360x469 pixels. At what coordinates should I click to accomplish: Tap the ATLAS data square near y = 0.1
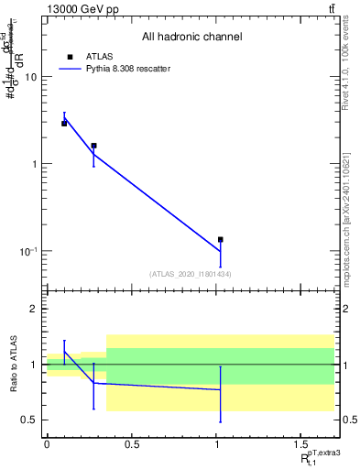pos(221,240)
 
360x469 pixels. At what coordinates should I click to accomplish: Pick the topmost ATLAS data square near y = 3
pos(64,123)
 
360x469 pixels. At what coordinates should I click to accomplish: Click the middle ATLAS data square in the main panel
pos(93,146)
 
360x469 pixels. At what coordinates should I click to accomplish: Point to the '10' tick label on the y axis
pos(30,77)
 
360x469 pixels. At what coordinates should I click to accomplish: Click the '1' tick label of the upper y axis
pos(34,164)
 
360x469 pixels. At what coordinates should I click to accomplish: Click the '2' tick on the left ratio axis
pos(34,310)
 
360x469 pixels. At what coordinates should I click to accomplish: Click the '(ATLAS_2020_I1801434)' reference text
pos(191,274)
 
